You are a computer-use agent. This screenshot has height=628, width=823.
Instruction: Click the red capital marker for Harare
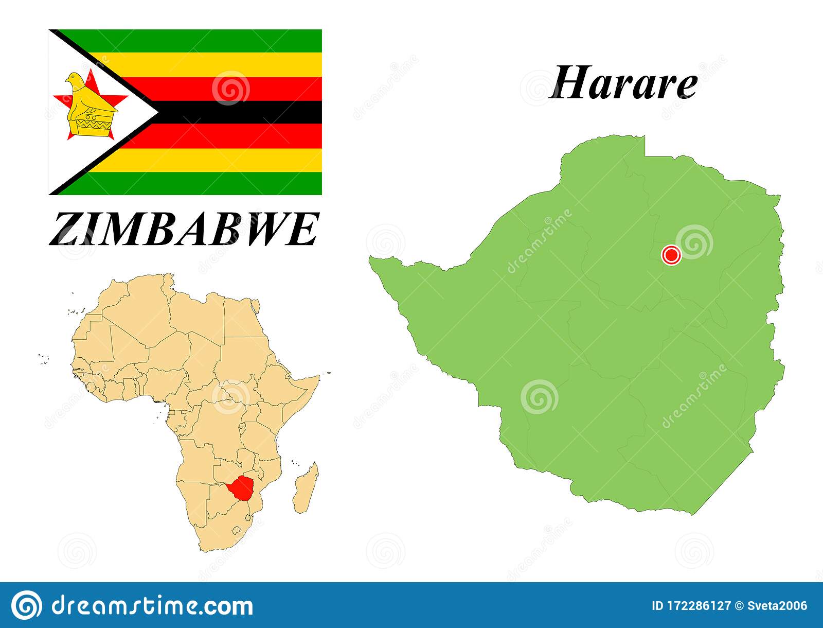(671, 255)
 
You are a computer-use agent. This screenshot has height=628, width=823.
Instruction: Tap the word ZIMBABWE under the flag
(184, 230)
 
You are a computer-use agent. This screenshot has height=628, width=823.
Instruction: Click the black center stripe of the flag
(237, 112)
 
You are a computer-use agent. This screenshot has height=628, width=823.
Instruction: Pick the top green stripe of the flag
(206, 41)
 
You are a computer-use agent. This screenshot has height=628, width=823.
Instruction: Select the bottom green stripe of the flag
(206, 183)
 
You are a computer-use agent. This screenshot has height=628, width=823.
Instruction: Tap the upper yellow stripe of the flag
(216, 65)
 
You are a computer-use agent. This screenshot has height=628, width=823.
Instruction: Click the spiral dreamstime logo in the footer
(26, 605)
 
